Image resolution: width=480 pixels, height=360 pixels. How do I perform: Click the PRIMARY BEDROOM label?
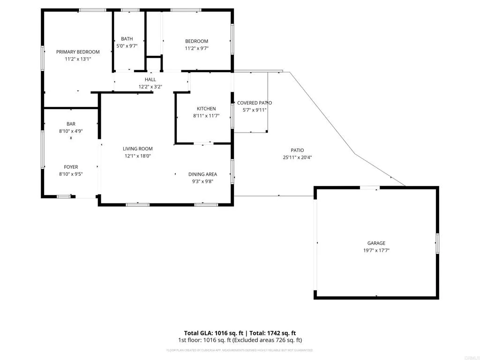(78, 52)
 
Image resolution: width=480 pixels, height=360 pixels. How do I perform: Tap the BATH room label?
(127, 39)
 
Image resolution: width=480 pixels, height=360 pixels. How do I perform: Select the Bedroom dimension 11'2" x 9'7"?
(196, 48)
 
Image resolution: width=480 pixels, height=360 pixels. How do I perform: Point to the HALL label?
(150, 80)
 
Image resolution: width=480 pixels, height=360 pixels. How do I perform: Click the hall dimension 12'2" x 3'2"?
(150, 87)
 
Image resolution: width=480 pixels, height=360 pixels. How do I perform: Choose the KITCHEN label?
(206, 109)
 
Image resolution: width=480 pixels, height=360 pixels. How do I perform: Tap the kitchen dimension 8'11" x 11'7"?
(206, 116)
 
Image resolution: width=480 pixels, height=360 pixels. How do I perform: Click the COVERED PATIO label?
(254, 103)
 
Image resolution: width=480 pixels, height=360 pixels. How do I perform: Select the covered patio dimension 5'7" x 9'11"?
(254, 110)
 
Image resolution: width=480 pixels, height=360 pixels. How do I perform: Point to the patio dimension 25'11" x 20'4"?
(298, 157)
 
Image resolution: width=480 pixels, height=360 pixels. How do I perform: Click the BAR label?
(71, 124)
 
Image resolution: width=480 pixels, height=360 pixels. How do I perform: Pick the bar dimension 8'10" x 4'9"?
(71, 131)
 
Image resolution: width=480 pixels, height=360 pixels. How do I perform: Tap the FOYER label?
(71, 167)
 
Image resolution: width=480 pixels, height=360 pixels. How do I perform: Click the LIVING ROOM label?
(138, 149)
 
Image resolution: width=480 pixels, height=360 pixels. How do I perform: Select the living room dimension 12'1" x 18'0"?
(138, 156)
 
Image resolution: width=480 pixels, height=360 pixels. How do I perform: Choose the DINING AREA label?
(202, 174)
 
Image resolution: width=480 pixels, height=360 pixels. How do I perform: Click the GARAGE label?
(376, 243)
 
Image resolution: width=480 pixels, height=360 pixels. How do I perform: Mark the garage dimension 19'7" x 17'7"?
(376, 250)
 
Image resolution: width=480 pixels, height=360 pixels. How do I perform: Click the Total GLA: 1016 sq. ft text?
(213, 333)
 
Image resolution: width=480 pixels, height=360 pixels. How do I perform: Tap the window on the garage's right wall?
(437, 243)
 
